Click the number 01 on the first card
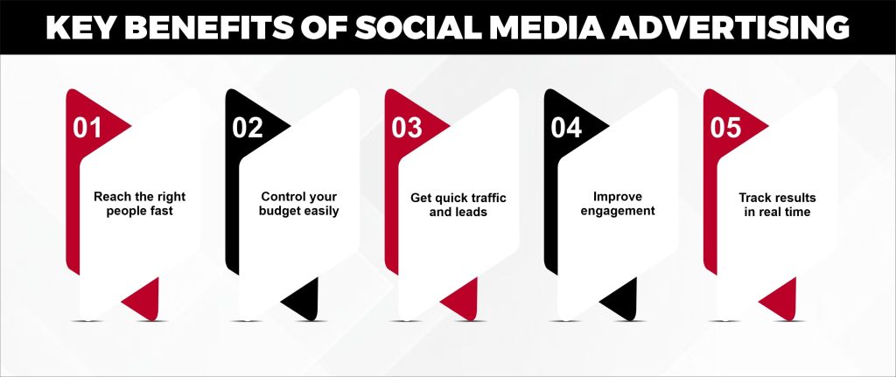pyautogui.click(x=87, y=128)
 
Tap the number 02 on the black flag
pyautogui.click(x=248, y=128)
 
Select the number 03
pyautogui.click(x=407, y=128)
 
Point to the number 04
pyautogui.click(x=566, y=128)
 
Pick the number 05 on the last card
pyautogui.click(x=725, y=128)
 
